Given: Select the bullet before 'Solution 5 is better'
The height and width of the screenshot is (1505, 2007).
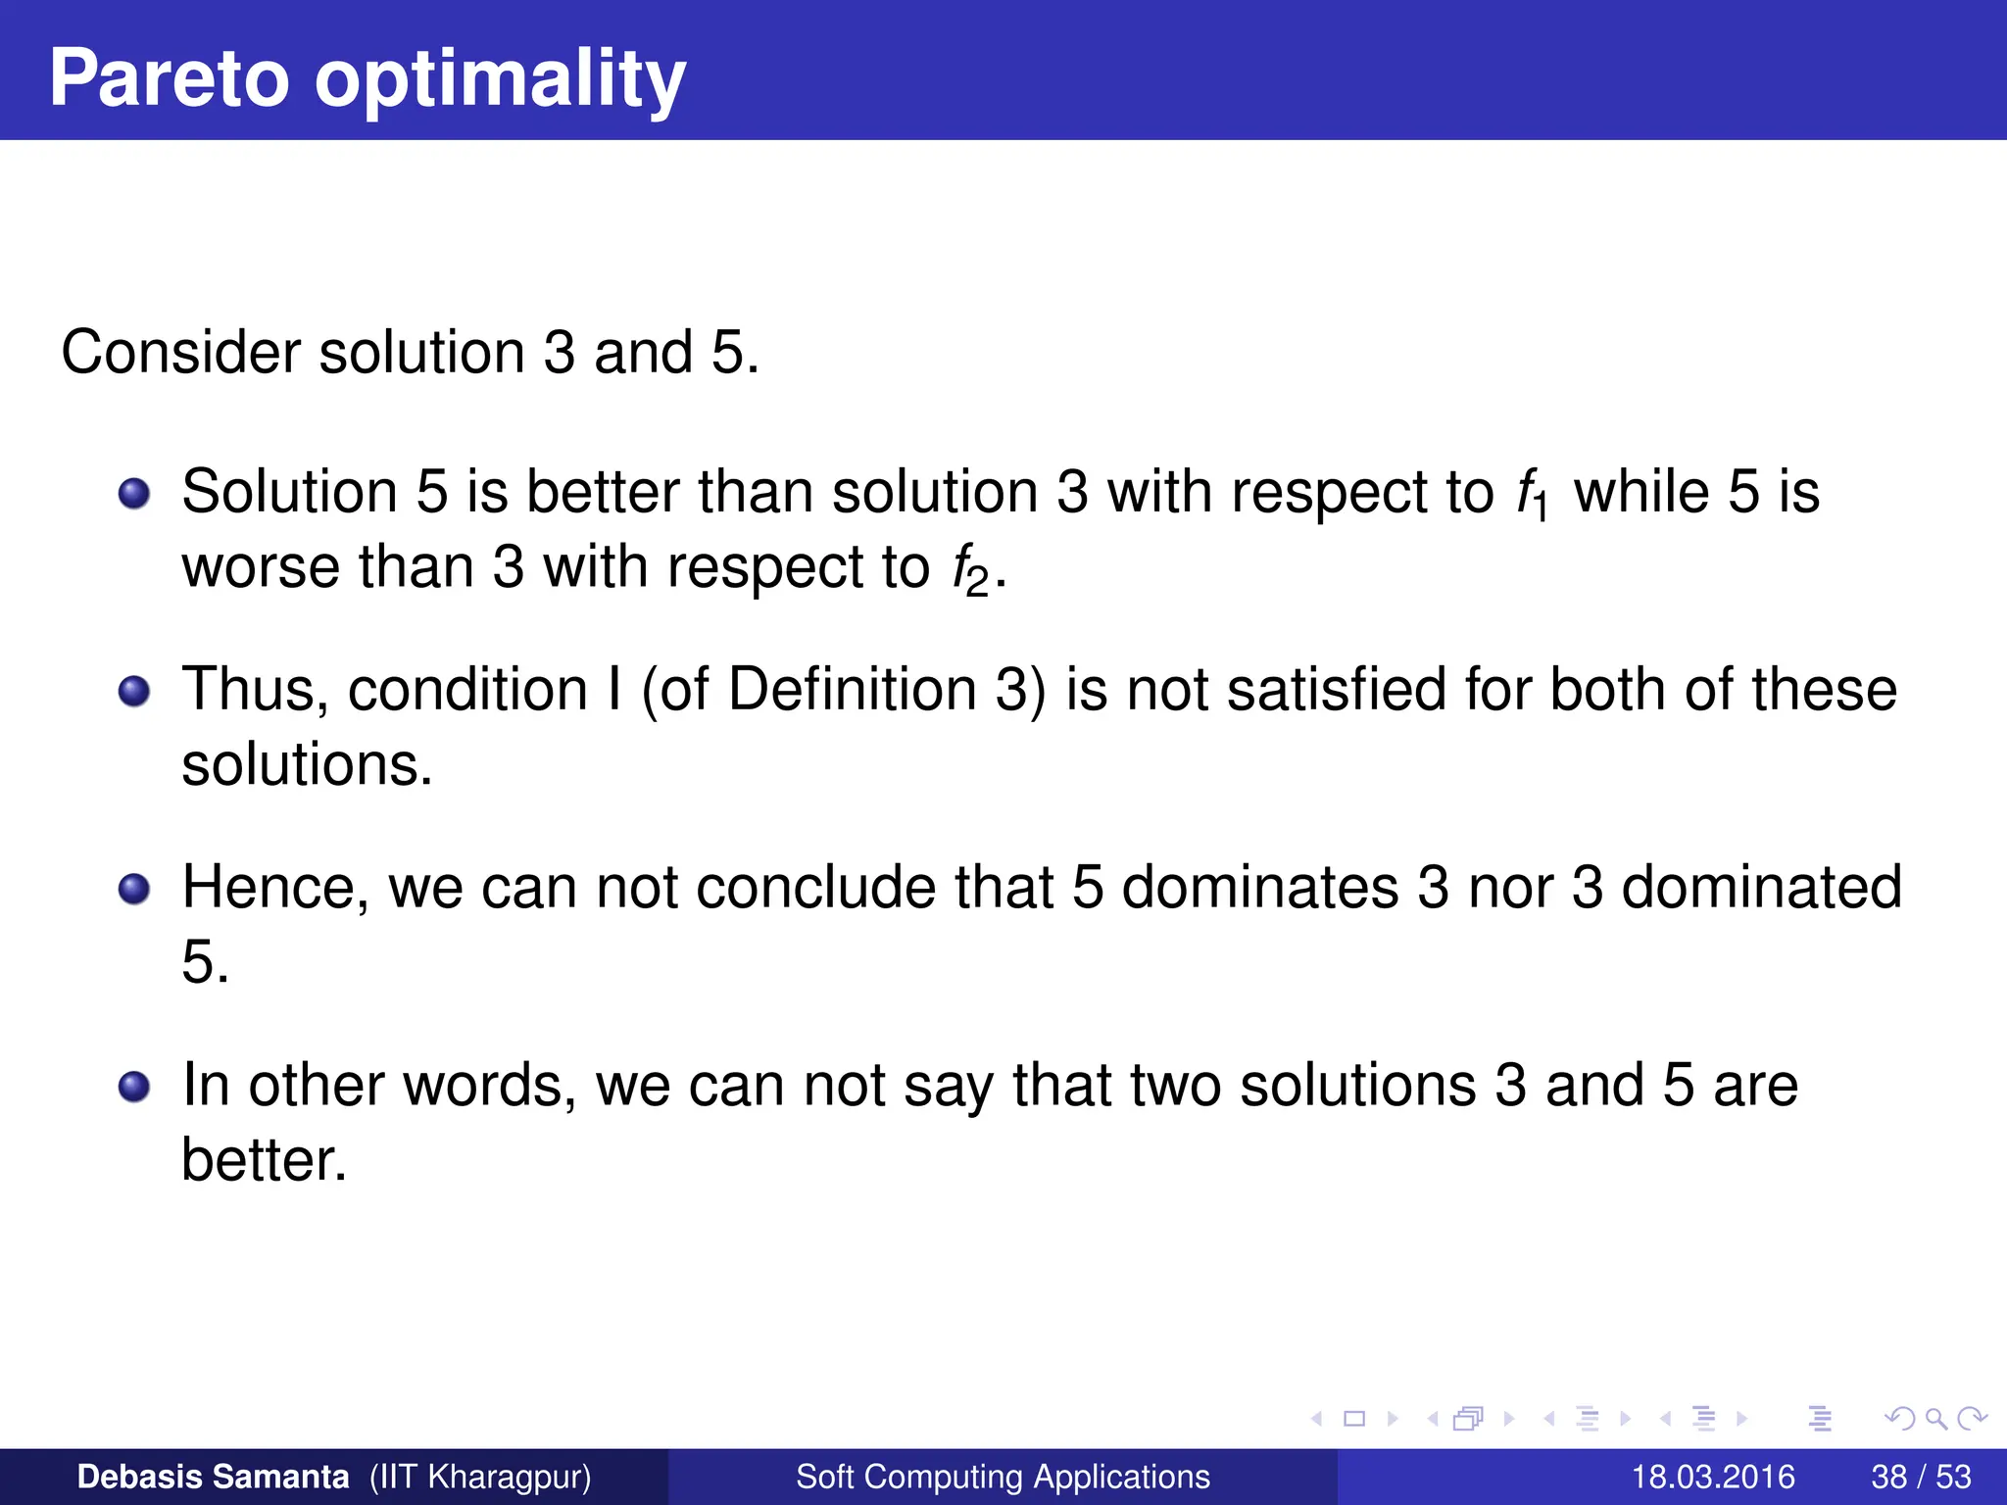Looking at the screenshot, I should click(134, 494).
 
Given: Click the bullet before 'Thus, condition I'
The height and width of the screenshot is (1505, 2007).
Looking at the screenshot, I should click(134, 692).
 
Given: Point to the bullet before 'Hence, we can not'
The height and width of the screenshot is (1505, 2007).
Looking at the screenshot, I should click(134, 890).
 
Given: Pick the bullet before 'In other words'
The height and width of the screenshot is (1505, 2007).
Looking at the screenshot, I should click(134, 1088).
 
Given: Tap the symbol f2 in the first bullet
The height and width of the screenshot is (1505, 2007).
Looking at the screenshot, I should click(970, 571).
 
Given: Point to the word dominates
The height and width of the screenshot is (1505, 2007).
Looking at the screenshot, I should click(1259, 888).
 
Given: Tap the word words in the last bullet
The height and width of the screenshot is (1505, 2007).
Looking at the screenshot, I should click(490, 1086).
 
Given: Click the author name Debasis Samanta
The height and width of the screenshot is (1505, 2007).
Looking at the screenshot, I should click(213, 1477).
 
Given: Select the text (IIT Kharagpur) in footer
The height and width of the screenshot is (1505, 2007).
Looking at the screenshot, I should click(480, 1477).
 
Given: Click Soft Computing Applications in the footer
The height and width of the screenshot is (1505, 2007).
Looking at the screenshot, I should click(1003, 1477).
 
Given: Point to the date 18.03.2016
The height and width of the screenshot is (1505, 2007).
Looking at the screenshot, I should click(1713, 1477).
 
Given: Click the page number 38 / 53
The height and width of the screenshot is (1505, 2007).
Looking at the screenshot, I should click(1921, 1477).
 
